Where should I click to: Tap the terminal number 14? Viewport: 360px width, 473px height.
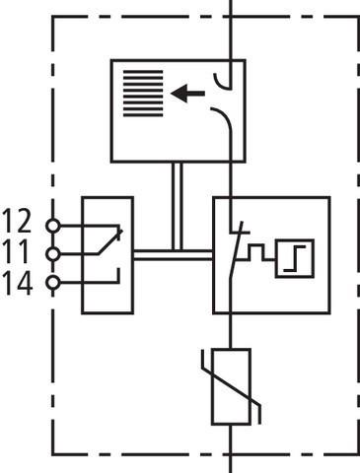[x=18, y=285]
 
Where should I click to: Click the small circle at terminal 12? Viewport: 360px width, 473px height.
[x=52, y=225]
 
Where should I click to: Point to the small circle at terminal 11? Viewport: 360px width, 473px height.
[x=52, y=253]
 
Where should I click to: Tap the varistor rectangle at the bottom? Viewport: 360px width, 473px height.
[x=231, y=387]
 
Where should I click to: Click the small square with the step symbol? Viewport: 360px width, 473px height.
[x=293, y=258]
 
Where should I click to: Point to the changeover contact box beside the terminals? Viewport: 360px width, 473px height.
[x=108, y=254]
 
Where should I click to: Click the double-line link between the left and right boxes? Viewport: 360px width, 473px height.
[x=173, y=254]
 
